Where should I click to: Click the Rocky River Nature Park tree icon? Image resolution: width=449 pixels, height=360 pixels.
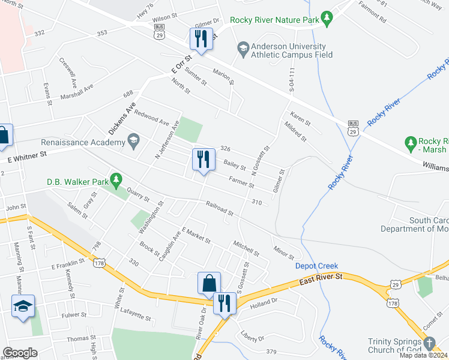pos(327,19)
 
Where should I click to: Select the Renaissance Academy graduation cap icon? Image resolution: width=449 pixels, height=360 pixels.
pos(133,142)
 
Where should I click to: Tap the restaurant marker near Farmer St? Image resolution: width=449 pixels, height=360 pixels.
pos(203,160)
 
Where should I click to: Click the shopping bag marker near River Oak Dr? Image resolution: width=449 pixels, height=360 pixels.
pos(209,283)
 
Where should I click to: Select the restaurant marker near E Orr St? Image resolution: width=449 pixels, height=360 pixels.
pos(200,39)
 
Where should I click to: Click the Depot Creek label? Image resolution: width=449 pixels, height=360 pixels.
pos(316,266)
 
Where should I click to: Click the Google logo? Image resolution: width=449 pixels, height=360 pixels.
pos(20,353)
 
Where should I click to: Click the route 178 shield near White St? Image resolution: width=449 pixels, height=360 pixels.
pos(100,263)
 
